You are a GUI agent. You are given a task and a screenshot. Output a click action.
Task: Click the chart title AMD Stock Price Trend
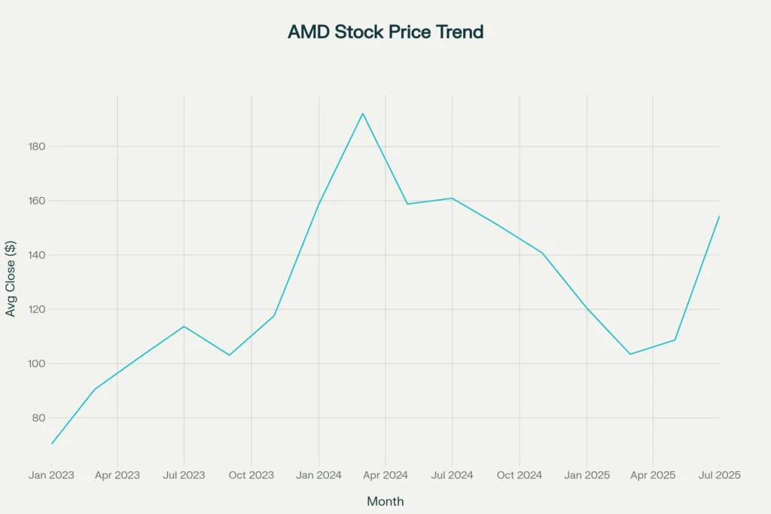385,32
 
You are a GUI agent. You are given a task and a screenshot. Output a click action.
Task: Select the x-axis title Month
385,501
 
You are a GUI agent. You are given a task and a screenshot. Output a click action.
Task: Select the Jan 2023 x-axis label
51,475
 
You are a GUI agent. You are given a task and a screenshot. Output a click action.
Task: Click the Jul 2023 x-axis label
184,475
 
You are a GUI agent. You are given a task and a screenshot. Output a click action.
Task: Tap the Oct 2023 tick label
251,475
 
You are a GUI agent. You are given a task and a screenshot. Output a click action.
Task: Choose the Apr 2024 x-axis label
385,475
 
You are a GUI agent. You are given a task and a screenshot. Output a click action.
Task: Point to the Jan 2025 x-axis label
587,475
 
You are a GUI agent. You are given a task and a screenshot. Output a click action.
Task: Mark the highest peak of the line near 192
363,114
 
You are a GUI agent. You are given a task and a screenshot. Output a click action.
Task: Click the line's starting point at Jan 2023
51,444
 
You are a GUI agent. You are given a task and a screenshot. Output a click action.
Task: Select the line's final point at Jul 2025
719,216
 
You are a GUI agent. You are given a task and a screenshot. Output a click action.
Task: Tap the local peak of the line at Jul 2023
184,326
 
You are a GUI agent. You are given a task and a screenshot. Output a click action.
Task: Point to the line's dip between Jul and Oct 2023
229,355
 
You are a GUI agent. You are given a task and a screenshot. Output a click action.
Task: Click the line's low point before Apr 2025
630,354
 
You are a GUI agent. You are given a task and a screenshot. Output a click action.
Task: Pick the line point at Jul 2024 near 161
452,198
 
